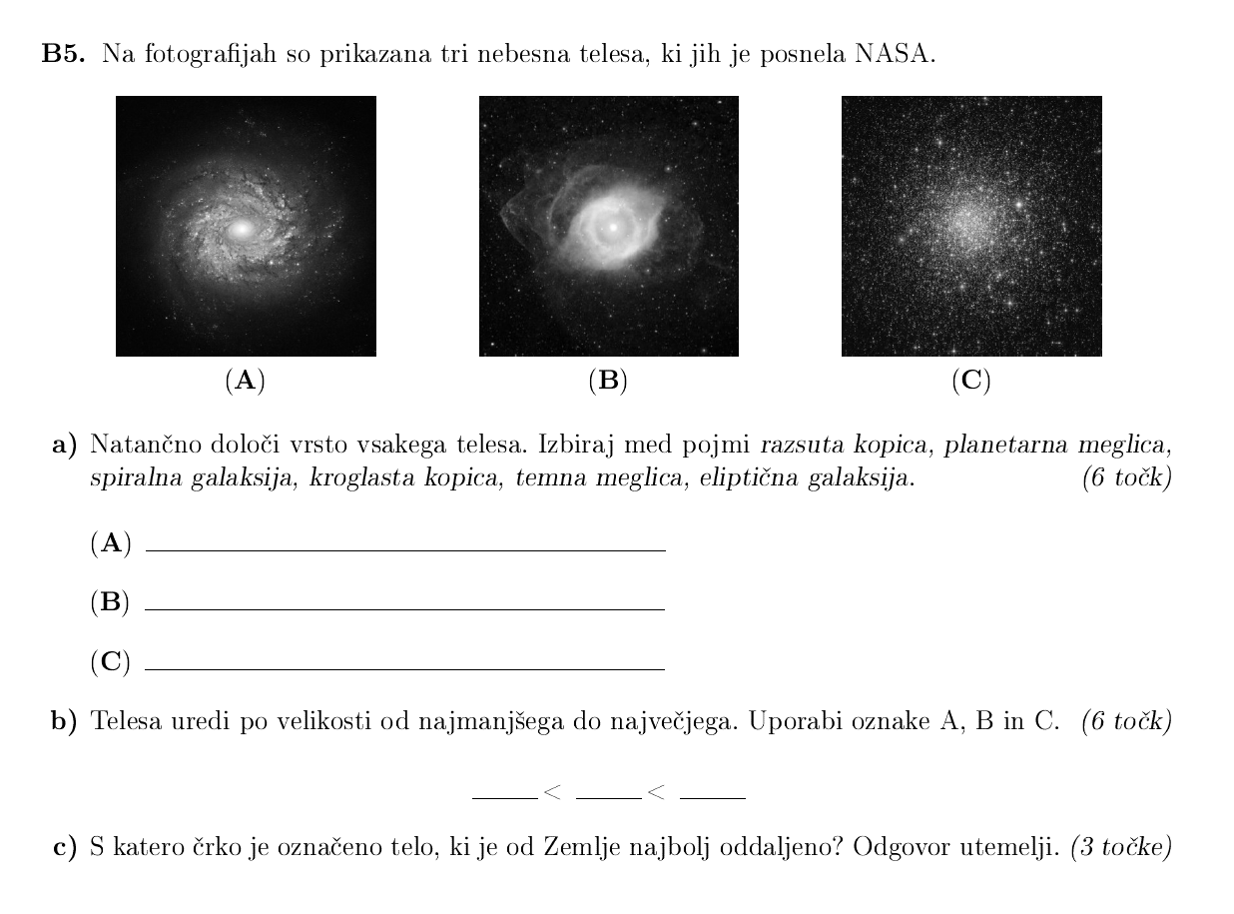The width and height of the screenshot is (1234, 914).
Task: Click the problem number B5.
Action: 64,55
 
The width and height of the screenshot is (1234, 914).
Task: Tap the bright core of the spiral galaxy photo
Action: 240,230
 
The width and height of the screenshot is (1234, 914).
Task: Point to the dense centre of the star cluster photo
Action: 964,222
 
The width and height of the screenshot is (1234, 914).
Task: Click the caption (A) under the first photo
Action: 246,381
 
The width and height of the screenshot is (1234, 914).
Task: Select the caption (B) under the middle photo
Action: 608,381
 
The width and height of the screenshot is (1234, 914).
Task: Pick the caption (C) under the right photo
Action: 971,381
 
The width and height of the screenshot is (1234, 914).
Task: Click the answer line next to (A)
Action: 404,548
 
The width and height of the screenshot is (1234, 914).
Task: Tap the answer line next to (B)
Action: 404,607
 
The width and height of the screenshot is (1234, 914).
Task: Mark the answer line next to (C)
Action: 404,667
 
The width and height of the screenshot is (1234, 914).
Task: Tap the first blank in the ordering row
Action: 504,796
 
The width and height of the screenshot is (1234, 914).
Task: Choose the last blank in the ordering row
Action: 712,796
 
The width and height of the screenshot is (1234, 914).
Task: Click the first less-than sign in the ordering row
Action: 553,793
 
